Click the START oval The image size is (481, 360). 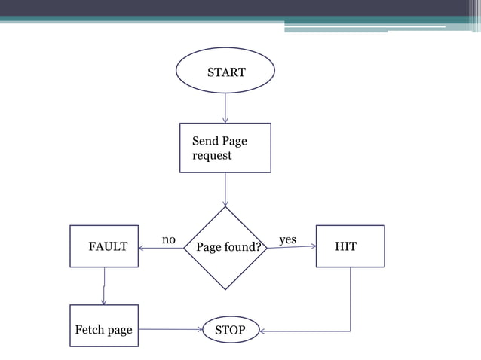(x=225, y=72)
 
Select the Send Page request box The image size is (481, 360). (x=225, y=148)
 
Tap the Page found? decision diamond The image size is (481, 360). (x=225, y=248)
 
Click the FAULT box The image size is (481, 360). (x=104, y=246)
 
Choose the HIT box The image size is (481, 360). (x=350, y=246)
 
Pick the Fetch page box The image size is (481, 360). (x=104, y=325)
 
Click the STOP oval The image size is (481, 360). (x=231, y=329)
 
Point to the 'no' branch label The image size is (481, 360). (x=169, y=239)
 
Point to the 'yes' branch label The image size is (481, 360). (x=287, y=239)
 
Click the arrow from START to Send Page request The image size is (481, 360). (x=225, y=108)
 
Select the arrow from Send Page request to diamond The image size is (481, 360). (x=225, y=189)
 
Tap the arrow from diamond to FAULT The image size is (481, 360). (x=161, y=248)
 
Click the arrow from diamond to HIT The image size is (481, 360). (x=291, y=246)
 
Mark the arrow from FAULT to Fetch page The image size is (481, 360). (x=104, y=286)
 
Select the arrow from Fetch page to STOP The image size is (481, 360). (x=171, y=329)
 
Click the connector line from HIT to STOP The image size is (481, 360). (x=350, y=301)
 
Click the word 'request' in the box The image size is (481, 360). (x=212, y=156)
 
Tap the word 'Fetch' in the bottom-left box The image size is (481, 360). (x=90, y=330)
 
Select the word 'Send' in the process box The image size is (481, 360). (x=205, y=141)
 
